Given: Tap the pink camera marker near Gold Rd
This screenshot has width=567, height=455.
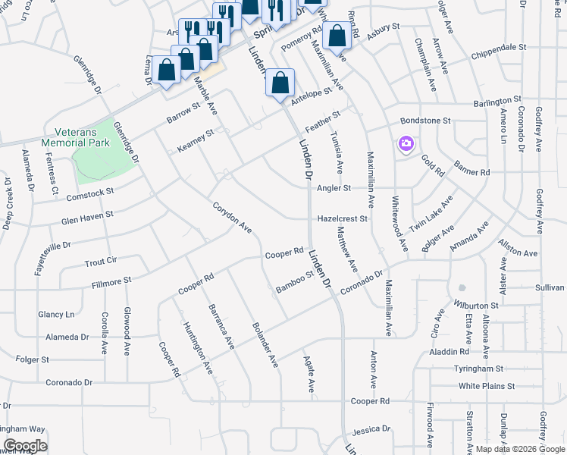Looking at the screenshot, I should (x=406, y=143).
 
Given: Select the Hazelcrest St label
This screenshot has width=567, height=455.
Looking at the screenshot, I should (x=342, y=218).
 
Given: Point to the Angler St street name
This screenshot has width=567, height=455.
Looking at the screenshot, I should (x=334, y=187).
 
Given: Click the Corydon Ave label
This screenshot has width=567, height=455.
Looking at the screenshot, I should (x=232, y=215).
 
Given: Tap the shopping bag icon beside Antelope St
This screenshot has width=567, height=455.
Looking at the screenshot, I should (x=280, y=82).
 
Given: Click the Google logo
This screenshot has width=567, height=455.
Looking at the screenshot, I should (x=25, y=446).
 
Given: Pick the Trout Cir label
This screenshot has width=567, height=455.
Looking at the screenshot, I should (x=101, y=261).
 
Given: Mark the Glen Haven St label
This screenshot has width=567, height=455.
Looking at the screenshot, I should (x=87, y=215).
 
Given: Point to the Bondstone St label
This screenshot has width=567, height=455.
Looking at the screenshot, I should (x=425, y=121).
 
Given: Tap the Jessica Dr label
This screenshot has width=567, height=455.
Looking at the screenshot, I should (x=371, y=429).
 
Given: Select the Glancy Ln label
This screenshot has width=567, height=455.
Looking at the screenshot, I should (x=56, y=314).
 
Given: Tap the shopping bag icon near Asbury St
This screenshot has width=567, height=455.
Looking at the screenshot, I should (x=337, y=36).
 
